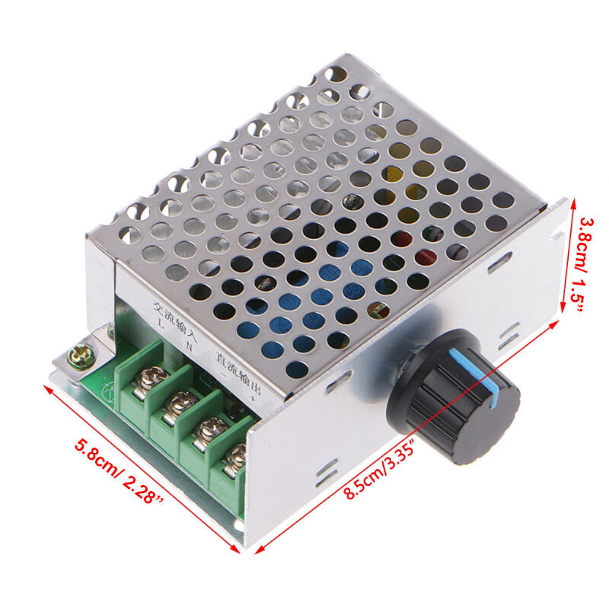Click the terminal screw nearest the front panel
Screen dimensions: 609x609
(x=236, y=459)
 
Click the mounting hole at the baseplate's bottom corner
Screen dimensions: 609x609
(x=238, y=526)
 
